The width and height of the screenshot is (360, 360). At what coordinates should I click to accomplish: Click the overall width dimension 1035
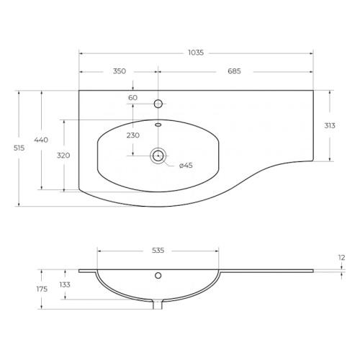pos(196,53)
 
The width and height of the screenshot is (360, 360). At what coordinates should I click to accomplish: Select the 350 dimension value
pos(120,71)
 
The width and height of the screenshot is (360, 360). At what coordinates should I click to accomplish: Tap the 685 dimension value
pos(234,71)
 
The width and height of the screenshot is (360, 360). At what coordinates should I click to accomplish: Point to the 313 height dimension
pos(330,125)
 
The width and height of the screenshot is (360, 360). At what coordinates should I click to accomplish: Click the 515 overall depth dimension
pos(19,148)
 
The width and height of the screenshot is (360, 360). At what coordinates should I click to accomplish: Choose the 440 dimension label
pos(41,140)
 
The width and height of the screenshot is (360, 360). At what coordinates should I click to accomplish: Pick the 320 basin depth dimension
pos(63,156)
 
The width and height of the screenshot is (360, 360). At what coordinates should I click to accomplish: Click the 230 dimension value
pos(133,135)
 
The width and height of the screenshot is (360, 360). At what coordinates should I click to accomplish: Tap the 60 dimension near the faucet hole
pos(132,98)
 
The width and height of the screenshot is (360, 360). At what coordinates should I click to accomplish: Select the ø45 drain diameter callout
pos(186,166)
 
